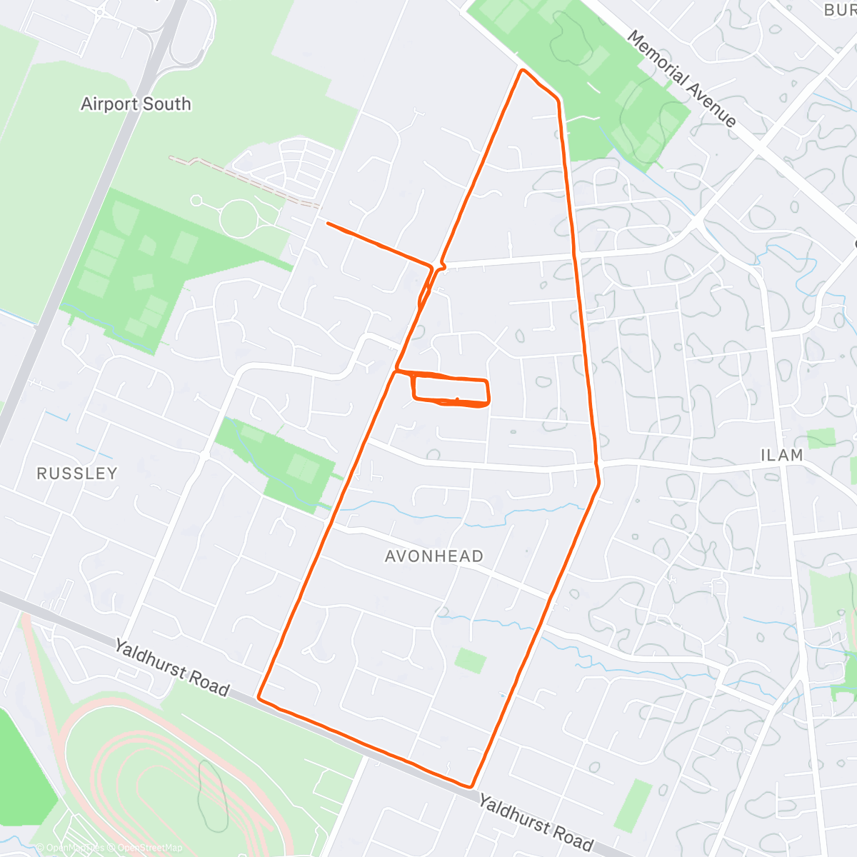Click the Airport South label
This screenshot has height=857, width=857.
[x=136, y=104]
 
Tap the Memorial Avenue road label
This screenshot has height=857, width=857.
[x=681, y=79]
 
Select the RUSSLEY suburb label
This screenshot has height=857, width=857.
[x=76, y=473]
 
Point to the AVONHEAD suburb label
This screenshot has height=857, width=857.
[x=434, y=556]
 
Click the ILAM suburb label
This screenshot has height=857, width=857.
[x=781, y=456]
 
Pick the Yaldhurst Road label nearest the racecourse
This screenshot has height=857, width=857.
[x=172, y=668]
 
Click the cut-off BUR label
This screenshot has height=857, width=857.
[x=839, y=10]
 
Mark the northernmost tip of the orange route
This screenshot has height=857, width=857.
[x=523, y=70]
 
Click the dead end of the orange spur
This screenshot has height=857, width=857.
[x=328, y=224]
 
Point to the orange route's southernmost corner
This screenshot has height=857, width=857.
[x=471, y=786]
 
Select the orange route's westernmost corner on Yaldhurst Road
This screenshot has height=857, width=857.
[x=259, y=697]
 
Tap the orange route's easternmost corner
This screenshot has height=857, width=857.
[x=598, y=483]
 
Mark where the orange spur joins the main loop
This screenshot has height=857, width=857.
[x=431, y=267]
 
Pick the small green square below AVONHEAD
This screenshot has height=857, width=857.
[x=471, y=661]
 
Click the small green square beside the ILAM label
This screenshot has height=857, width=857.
[x=821, y=438]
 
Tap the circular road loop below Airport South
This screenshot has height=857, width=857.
[x=239, y=216]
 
